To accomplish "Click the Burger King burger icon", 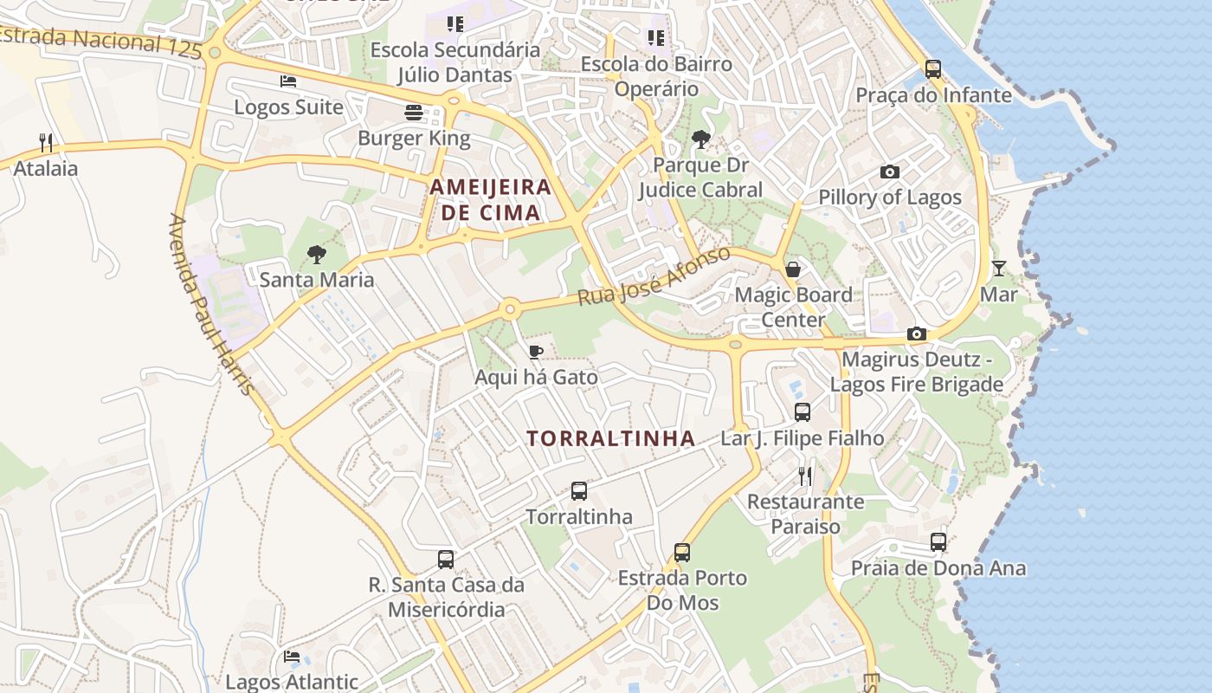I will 414,113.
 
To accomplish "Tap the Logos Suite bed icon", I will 288,81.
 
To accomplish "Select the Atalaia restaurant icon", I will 46,142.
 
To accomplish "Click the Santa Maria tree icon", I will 317,254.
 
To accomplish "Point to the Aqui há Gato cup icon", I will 536,352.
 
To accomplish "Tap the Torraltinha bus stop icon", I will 579,491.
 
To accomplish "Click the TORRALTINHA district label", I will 611,438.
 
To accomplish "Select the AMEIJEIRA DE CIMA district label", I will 491,199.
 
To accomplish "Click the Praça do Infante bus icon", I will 932,68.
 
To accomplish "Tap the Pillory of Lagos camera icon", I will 889,172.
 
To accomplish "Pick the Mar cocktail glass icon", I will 998,269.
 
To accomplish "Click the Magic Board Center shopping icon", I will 793,269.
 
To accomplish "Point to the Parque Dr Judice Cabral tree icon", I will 701,139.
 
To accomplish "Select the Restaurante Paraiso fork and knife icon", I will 805,476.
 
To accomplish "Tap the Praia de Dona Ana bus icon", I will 938,542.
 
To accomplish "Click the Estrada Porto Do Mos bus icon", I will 682,552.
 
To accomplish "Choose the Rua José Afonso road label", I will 654,276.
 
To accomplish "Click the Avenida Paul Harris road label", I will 213,303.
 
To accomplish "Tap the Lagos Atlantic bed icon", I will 292,657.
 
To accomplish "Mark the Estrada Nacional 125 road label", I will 100,41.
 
